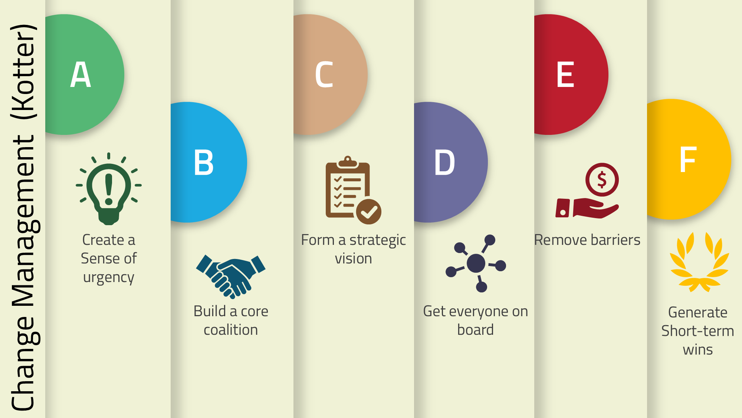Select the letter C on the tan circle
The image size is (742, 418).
pyautogui.click(x=324, y=75)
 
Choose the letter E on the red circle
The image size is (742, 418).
pyautogui.click(x=565, y=75)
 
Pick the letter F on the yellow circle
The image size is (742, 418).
pyautogui.click(x=687, y=159)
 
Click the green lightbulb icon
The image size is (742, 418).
pyautogui.click(x=109, y=189)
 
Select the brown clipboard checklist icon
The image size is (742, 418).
pyautogui.click(x=353, y=190)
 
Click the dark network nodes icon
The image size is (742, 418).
pyautogui.click(x=476, y=263)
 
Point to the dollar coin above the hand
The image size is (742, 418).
pyautogui.click(x=602, y=179)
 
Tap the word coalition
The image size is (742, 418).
pyautogui.click(x=231, y=330)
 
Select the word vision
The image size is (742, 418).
pyautogui.click(x=353, y=258)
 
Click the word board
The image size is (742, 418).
pyautogui.click(x=475, y=330)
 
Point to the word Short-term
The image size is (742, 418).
pyautogui.click(x=697, y=331)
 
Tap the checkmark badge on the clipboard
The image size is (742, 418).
pyautogui.click(x=369, y=212)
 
